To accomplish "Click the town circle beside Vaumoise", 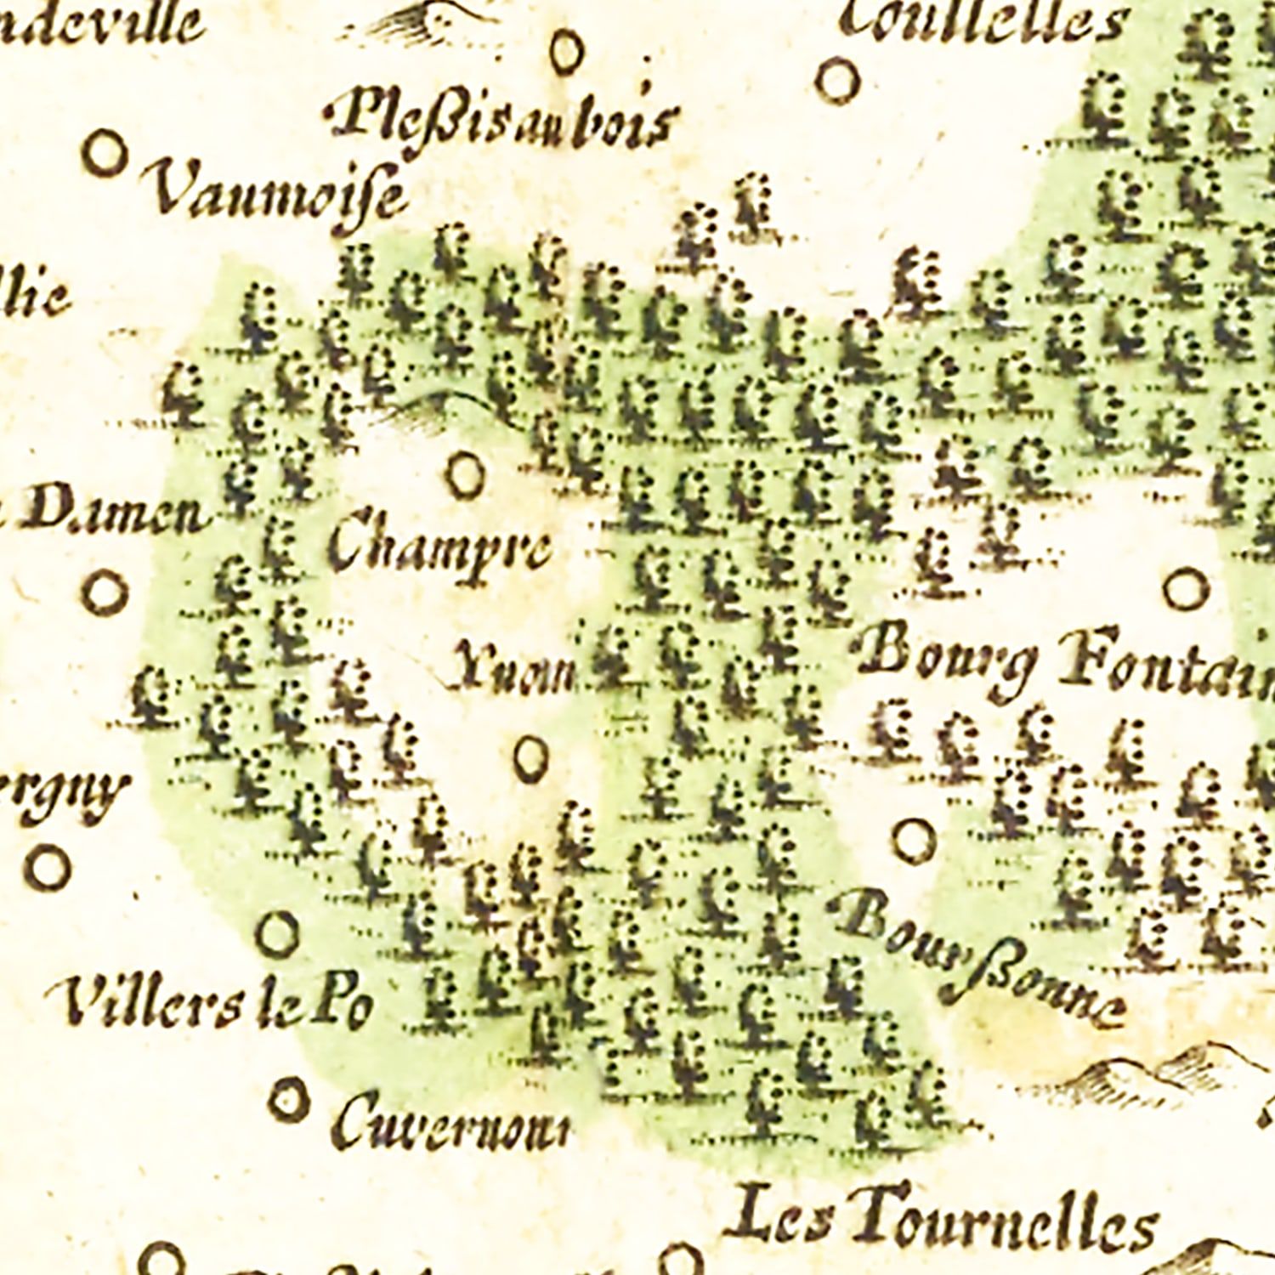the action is tap(105, 154).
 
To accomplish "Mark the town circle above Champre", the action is tap(466, 476).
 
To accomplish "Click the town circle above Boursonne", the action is tap(914, 840).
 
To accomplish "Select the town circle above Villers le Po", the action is tap(278, 933).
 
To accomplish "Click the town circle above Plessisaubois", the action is tap(567, 51).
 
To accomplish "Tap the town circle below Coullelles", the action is tap(838, 82).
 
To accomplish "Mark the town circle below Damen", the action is tap(105, 592).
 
